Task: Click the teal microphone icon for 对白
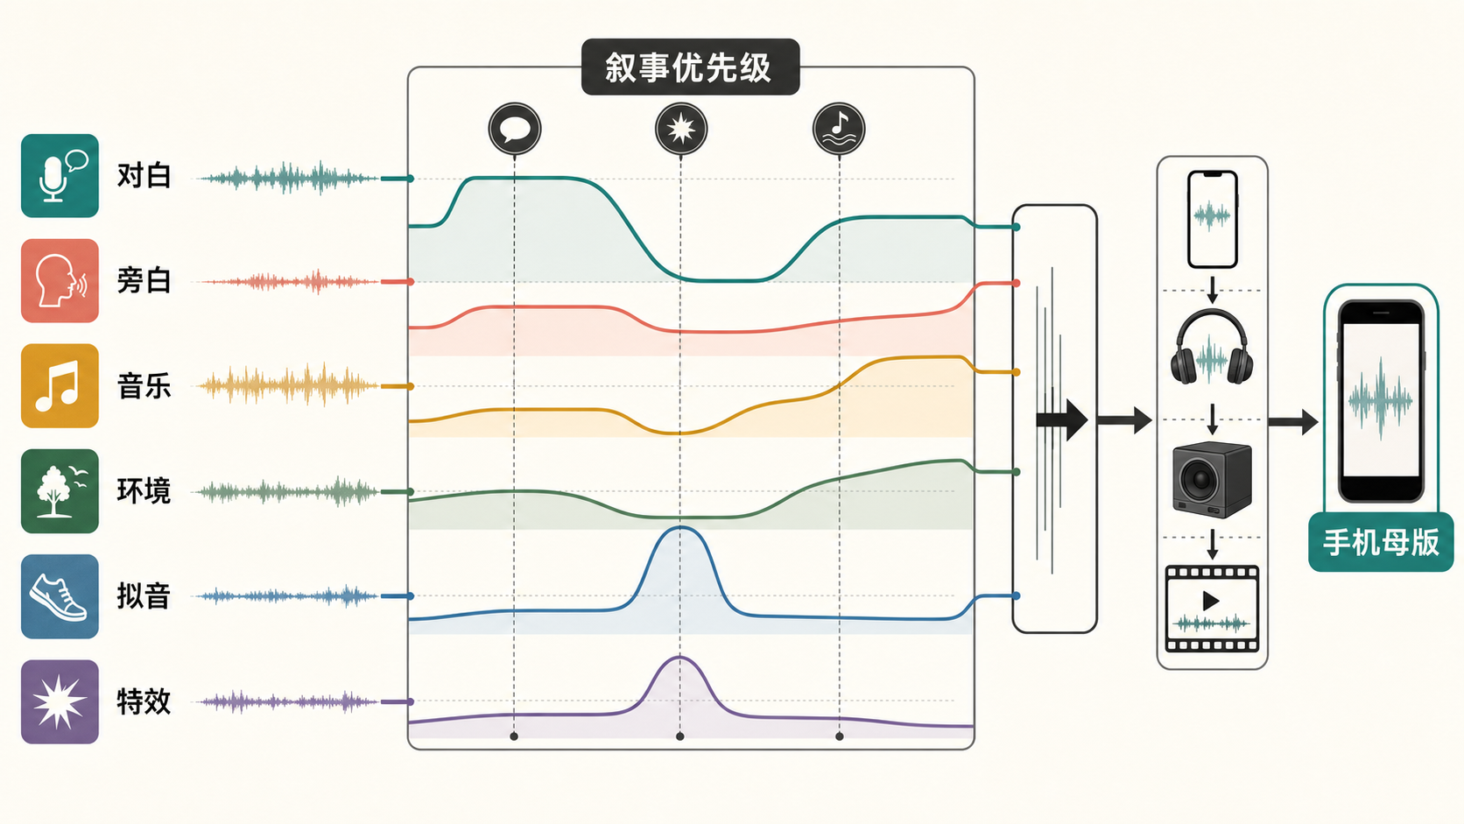click(60, 176)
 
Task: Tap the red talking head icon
click(60, 280)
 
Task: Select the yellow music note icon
click(60, 385)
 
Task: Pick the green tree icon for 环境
click(60, 490)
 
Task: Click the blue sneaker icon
click(60, 596)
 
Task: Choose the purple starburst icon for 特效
click(60, 701)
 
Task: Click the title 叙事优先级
click(689, 67)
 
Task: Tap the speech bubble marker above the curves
click(514, 129)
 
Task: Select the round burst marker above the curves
click(681, 129)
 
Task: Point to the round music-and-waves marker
click(839, 129)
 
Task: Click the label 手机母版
click(1381, 542)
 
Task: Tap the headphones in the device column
click(1212, 347)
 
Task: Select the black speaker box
click(1212, 480)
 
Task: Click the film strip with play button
click(1212, 609)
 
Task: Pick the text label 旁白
click(144, 281)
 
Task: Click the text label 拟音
click(144, 596)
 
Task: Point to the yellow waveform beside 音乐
click(287, 385)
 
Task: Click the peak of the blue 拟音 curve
click(680, 526)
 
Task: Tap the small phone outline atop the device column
click(1212, 220)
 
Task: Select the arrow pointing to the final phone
click(1292, 422)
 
